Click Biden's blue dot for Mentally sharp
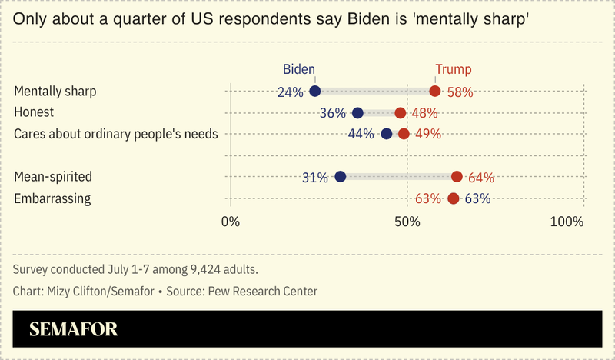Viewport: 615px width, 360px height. click(x=315, y=92)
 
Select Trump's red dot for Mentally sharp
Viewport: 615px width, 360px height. click(x=435, y=92)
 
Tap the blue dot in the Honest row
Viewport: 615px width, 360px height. click(x=357, y=113)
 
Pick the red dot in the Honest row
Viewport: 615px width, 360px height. click(x=400, y=113)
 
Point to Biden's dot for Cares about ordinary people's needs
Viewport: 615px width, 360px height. click(x=386, y=134)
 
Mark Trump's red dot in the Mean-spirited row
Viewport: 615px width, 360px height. click(x=457, y=177)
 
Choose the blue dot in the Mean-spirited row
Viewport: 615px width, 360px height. click(x=341, y=177)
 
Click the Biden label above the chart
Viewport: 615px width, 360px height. click(x=299, y=68)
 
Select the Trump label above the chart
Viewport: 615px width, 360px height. click(x=454, y=68)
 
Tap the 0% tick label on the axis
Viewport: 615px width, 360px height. click(x=230, y=222)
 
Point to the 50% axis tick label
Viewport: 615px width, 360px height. click(x=407, y=222)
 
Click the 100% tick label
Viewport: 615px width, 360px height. click(x=567, y=222)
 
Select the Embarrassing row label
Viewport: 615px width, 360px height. click(x=52, y=198)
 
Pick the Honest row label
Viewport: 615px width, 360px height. click(x=34, y=112)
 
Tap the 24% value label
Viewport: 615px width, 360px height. click(x=291, y=92)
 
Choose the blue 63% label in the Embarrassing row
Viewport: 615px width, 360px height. click(x=477, y=198)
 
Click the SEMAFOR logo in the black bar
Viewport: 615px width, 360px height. click(x=73, y=330)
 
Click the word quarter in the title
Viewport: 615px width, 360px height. click(x=133, y=18)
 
